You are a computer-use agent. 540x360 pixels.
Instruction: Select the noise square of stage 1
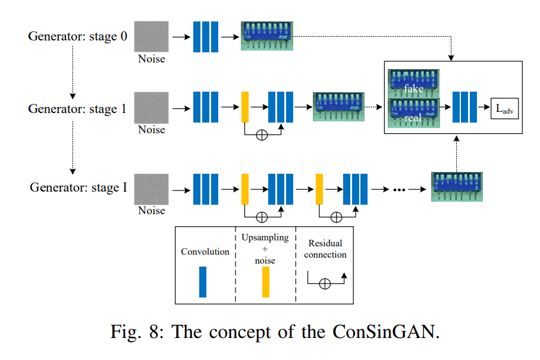pyautogui.click(x=151, y=108)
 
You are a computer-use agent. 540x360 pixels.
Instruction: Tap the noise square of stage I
pyautogui.click(x=151, y=189)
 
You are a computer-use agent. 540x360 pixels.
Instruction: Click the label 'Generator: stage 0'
pyautogui.click(x=77, y=36)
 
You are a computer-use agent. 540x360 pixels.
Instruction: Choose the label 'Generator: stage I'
pyautogui.click(x=79, y=188)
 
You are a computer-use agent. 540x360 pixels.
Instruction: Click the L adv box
pyautogui.click(x=504, y=108)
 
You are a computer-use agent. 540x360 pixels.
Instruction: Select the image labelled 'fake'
pyautogui.click(x=413, y=83)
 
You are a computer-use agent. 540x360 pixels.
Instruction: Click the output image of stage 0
pyautogui.click(x=266, y=36)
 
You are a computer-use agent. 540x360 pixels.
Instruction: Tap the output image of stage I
pyautogui.click(x=457, y=187)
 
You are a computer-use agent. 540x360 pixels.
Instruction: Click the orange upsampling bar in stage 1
pyautogui.click(x=244, y=107)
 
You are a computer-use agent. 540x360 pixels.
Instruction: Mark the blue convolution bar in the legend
pyautogui.click(x=203, y=281)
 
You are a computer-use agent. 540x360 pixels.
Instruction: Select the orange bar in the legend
pyautogui.click(x=265, y=281)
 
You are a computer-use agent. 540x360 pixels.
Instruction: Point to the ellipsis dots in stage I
pyautogui.click(x=399, y=189)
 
